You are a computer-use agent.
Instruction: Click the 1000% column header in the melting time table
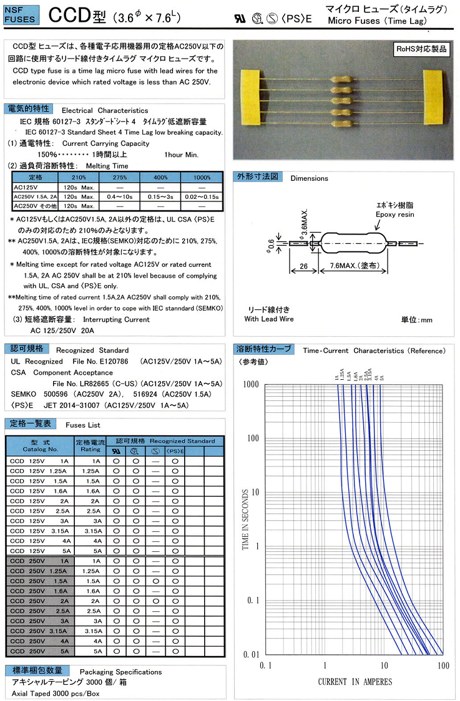(x=202, y=177)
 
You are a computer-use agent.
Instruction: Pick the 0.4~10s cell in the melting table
(x=117, y=196)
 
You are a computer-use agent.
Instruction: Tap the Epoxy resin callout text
(x=394, y=214)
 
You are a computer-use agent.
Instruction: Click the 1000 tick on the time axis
(x=250, y=385)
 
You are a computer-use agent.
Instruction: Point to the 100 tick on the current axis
(x=443, y=665)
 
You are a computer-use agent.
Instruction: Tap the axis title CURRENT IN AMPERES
(x=355, y=682)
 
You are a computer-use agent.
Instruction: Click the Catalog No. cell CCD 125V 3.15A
(x=40, y=531)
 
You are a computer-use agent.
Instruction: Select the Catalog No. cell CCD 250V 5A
(x=40, y=651)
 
